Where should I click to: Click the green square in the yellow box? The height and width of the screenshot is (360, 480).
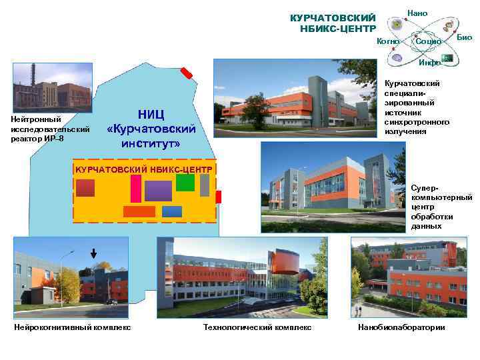click(185, 182)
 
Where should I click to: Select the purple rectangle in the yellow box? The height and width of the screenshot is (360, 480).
click(159, 191)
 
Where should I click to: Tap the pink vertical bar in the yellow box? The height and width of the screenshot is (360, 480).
click(136, 189)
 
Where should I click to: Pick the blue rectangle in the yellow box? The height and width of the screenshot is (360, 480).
click(172, 211)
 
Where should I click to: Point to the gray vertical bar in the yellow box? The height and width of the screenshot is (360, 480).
click(205, 185)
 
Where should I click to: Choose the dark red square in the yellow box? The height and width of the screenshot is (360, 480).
click(85, 187)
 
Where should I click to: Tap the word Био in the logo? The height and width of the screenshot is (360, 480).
click(465, 37)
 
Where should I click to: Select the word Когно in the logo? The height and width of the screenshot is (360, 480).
click(387, 41)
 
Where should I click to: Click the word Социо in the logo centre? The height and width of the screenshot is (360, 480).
click(428, 41)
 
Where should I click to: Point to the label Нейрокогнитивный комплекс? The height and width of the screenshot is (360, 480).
click(72, 327)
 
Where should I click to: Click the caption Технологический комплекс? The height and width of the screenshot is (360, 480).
click(257, 327)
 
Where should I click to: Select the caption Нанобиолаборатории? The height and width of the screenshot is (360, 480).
click(401, 327)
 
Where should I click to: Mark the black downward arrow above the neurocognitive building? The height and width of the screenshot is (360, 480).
click(93, 254)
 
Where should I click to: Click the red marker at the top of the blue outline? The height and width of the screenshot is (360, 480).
click(187, 73)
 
